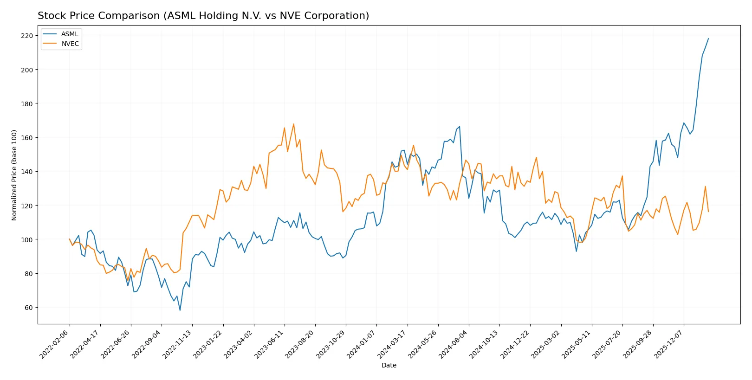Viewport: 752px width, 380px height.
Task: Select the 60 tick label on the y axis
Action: [29, 308]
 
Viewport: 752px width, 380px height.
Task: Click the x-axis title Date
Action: [389, 365]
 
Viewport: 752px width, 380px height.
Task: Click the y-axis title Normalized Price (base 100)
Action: [14, 175]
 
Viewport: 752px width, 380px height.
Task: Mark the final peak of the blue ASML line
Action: [708, 39]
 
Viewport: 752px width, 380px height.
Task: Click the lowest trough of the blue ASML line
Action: [180, 310]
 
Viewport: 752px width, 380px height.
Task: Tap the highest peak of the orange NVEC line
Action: [293, 124]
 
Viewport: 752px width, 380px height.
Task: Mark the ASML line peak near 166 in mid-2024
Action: [460, 127]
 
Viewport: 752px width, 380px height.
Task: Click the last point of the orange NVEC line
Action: [708, 212]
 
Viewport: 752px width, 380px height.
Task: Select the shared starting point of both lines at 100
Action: [70, 239]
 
